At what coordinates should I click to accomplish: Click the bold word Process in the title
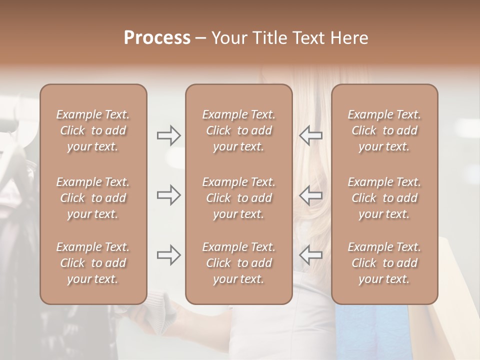pyautogui.click(x=157, y=38)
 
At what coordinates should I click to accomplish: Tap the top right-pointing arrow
pyautogui.click(x=169, y=135)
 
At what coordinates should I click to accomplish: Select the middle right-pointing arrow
pyautogui.click(x=169, y=195)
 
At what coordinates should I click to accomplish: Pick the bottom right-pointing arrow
pyautogui.click(x=169, y=255)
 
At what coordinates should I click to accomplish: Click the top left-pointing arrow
pyautogui.click(x=310, y=135)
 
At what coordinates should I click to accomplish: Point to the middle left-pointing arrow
pyautogui.click(x=310, y=195)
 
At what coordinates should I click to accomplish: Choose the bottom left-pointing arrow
pyautogui.click(x=310, y=255)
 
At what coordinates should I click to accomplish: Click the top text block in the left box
pyautogui.click(x=93, y=130)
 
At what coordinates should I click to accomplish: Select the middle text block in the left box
pyautogui.click(x=93, y=198)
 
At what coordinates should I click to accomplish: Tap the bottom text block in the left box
pyautogui.click(x=93, y=263)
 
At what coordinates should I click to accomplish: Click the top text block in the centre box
pyautogui.click(x=238, y=130)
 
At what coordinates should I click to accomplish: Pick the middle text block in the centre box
pyautogui.click(x=238, y=198)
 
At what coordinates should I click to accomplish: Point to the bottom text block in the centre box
pyautogui.click(x=238, y=263)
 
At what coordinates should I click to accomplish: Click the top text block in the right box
pyautogui.click(x=384, y=130)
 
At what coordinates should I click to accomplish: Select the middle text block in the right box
pyautogui.click(x=384, y=198)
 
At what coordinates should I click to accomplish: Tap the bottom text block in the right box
pyautogui.click(x=384, y=263)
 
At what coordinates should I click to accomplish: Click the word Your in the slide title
pyautogui.click(x=229, y=38)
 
